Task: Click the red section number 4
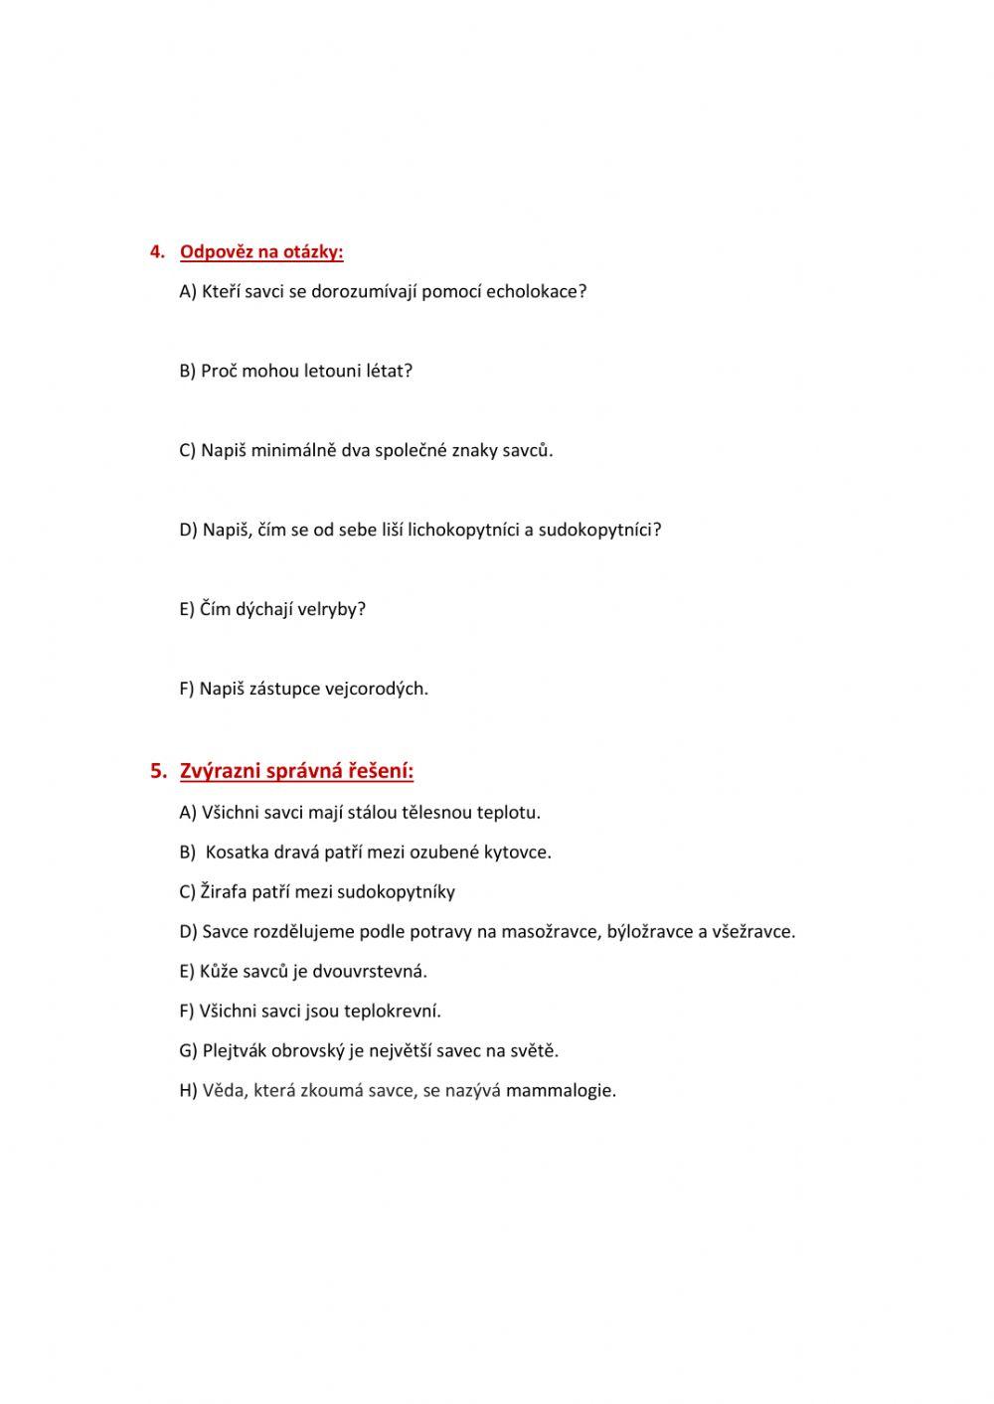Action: click(156, 251)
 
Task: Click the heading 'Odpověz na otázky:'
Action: click(261, 251)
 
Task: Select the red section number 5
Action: click(157, 770)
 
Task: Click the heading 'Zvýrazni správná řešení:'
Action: click(296, 770)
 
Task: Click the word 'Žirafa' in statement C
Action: click(224, 891)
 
